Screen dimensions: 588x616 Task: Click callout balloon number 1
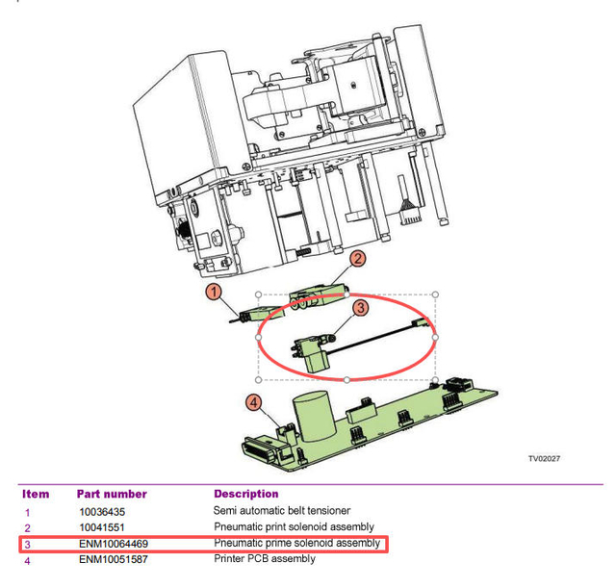tap(215, 290)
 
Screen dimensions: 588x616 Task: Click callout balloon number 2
tap(356, 258)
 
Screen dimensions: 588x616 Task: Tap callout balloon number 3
tap(359, 308)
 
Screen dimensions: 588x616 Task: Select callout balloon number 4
tap(254, 404)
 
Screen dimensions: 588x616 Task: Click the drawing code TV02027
tap(544, 458)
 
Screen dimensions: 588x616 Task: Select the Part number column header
tap(112, 495)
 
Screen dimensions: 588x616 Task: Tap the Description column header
tap(245, 495)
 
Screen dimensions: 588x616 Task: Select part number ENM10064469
tap(112, 545)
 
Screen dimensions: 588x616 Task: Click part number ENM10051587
tap(112, 560)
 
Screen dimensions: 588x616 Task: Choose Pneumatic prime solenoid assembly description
tap(297, 545)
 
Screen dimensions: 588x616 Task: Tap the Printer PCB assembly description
tap(264, 560)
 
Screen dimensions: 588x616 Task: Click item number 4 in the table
tap(27, 560)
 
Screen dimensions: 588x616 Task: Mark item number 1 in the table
tap(27, 512)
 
